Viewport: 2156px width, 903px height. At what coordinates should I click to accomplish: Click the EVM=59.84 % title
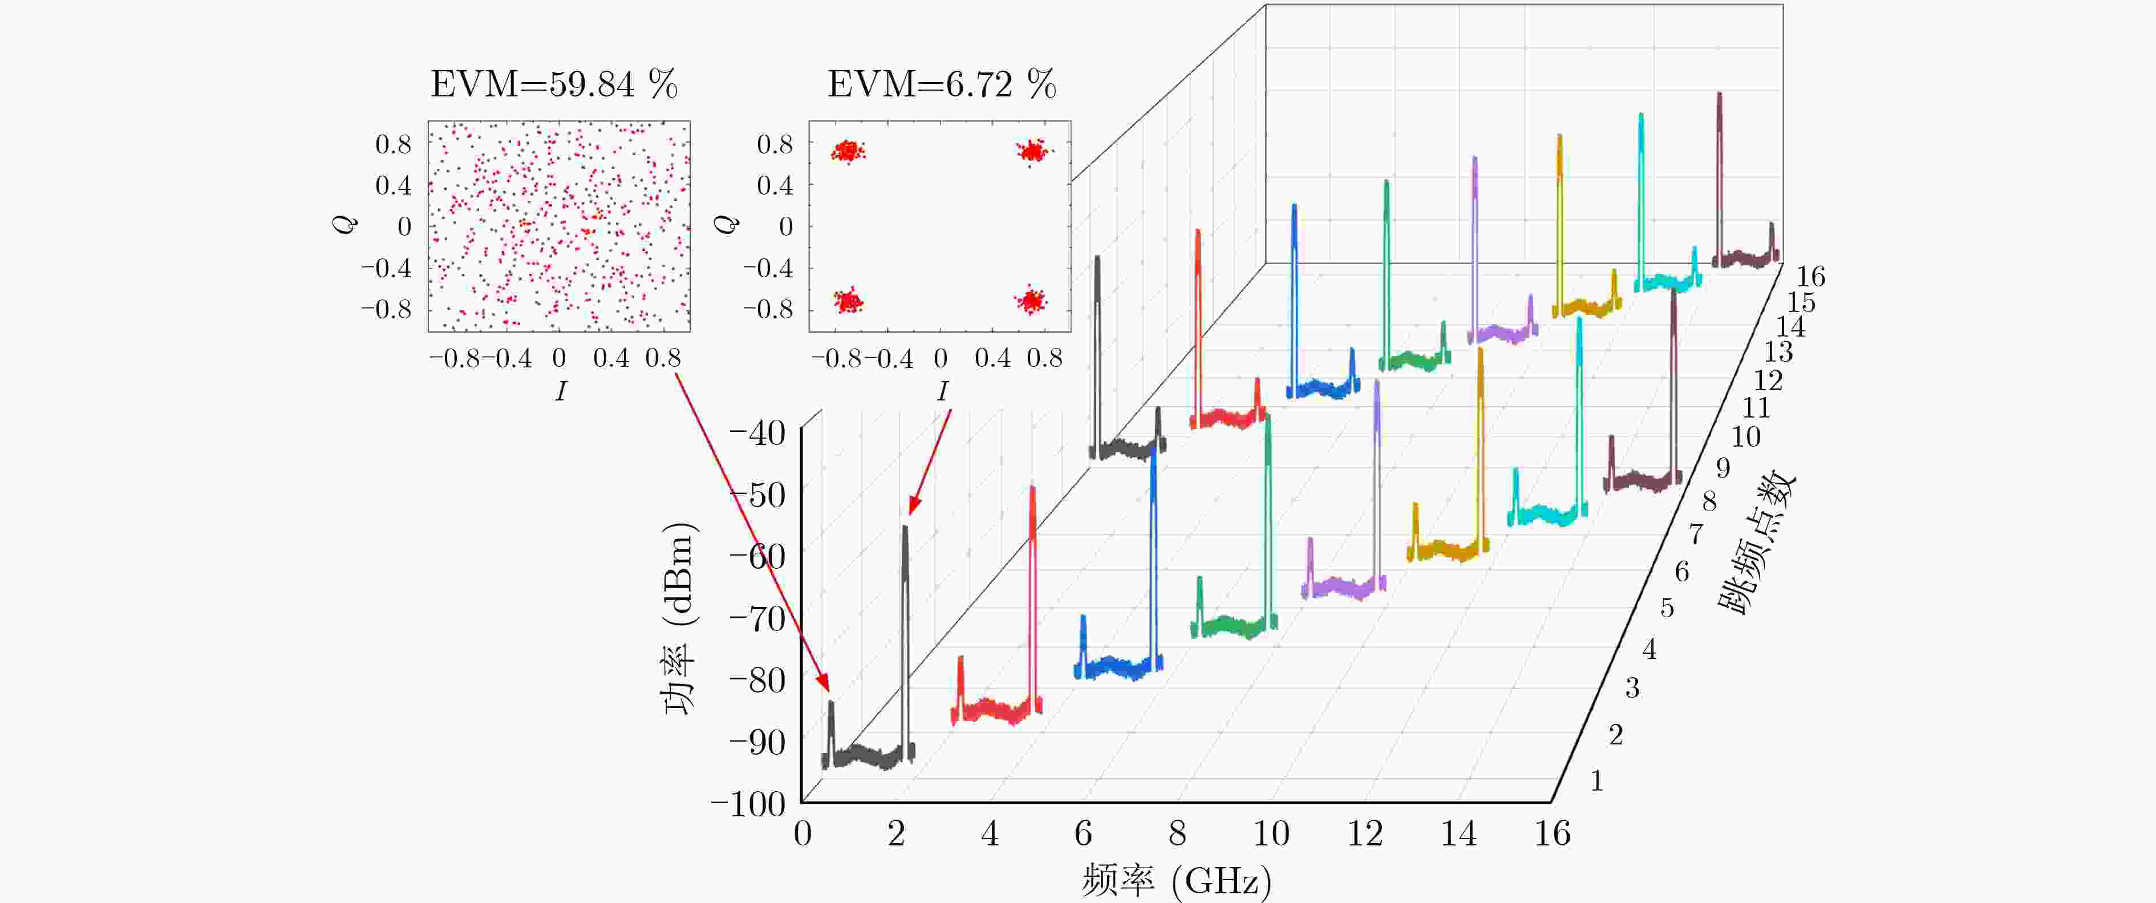pos(554,84)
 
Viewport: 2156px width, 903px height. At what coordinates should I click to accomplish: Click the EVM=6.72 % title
pos(942,84)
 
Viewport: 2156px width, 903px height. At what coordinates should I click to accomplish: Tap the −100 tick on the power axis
pos(748,804)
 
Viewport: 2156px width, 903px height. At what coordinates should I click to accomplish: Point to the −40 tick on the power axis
pos(757,434)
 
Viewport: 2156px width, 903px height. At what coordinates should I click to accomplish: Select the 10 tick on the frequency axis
pos(1271,833)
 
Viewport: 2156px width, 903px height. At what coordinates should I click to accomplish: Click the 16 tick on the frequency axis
pos(1552,833)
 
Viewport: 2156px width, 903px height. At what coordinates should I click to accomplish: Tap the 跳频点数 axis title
pos(1756,544)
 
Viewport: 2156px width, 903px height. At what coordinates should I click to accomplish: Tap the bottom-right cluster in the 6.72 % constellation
pos(1031,299)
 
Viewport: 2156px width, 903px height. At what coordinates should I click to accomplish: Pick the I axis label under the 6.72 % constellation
pos(942,391)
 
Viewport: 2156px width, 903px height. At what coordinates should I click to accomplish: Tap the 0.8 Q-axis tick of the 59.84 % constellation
pos(394,144)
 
